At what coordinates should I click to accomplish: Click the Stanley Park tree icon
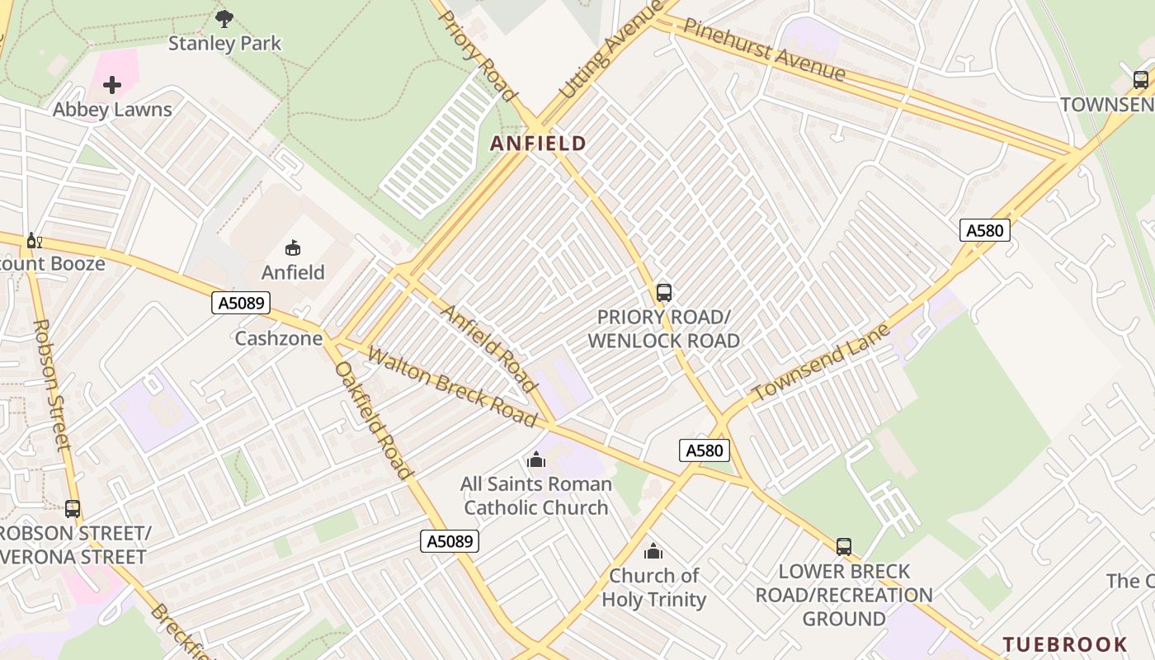pos(224,18)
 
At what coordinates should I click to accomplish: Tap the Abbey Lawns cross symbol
pos(112,84)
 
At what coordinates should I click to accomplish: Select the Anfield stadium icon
pos(293,247)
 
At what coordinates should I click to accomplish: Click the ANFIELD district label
pos(538,144)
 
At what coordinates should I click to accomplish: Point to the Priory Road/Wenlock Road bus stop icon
pos(663,292)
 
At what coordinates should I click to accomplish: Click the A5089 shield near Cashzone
pos(241,303)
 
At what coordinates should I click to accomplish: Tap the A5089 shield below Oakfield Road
pos(450,541)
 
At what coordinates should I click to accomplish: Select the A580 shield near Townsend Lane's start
pos(704,450)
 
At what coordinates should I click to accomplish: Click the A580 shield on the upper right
pos(984,230)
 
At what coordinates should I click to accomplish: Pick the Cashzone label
pos(278,338)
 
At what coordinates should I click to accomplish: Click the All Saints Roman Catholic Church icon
pos(536,460)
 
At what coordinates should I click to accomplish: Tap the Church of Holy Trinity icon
pos(653,550)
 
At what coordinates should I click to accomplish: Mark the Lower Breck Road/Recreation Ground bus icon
pos(843,546)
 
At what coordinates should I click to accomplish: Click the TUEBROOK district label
pos(1065,644)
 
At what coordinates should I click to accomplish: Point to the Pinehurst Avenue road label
pos(764,49)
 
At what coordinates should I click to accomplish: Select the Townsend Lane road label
pos(822,363)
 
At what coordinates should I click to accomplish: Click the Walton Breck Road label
pos(451,387)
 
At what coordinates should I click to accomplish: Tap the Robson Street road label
pos(52,384)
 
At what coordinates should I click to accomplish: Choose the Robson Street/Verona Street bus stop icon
pos(73,508)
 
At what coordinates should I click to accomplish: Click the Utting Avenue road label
pos(610,51)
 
